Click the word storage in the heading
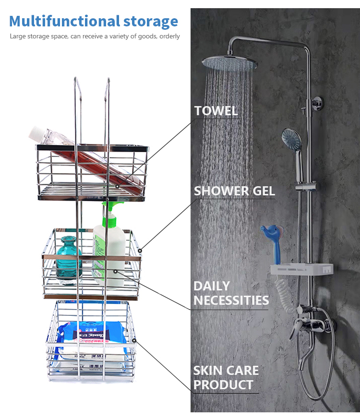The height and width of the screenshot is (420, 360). pyautogui.click(x=150, y=21)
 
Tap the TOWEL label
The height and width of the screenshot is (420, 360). pyautogui.click(x=216, y=111)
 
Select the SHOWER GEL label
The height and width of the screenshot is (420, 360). pyautogui.click(x=234, y=191)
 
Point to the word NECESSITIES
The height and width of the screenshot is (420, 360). pyautogui.click(x=231, y=301)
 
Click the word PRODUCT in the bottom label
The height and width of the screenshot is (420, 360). pyautogui.click(x=223, y=385)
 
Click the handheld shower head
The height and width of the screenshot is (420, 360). pyautogui.click(x=292, y=140)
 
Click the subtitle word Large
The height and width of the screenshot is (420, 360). pyautogui.click(x=18, y=36)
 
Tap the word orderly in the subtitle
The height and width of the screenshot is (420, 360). pyautogui.click(x=170, y=36)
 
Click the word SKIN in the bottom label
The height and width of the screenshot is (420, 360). pyautogui.click(x=209, y=371)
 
